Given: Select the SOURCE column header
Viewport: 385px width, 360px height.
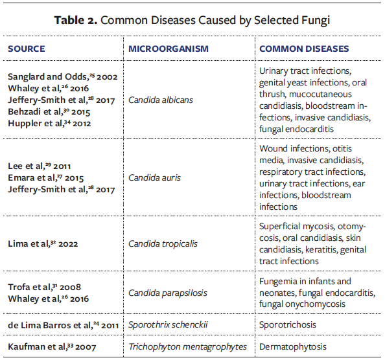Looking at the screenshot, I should (27, 49).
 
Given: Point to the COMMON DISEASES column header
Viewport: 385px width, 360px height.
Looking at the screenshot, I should (304, 49).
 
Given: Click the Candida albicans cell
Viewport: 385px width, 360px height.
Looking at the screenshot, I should (160, 100).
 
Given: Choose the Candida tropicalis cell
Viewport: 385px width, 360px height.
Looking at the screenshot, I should (163, 244).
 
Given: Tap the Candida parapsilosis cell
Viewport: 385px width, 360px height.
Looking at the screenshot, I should (167, 293).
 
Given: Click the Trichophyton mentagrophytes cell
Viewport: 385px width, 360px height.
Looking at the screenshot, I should (187, 347).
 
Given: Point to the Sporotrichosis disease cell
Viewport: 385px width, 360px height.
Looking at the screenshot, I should (288, 324).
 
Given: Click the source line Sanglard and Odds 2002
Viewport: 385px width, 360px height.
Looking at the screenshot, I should (62, 76).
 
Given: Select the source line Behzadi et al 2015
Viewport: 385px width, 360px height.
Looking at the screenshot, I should (48, 111).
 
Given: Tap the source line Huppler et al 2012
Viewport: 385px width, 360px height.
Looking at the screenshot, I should (48, 123).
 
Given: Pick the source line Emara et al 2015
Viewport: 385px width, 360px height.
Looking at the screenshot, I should (46, 177).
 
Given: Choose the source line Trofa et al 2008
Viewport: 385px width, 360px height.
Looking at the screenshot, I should (44, 287).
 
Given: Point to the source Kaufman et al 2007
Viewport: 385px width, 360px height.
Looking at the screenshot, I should (51, 347).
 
